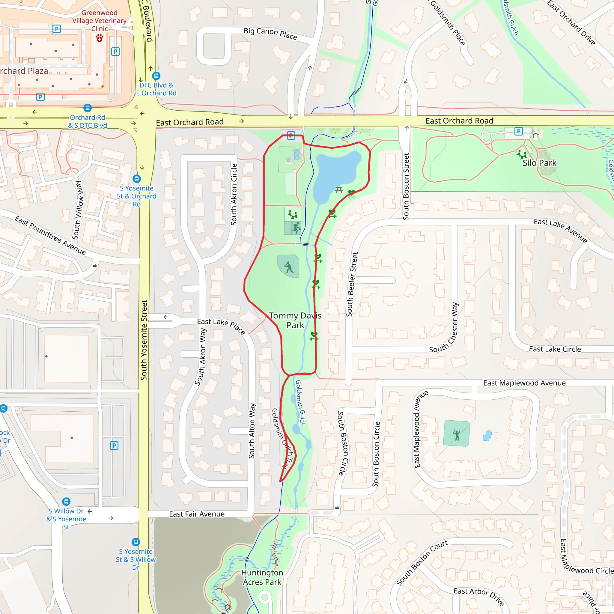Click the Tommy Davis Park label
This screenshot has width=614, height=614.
(x=295, y=320)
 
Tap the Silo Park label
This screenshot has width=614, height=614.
(x=539, y=163)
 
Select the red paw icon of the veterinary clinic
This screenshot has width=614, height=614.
(x=100, y=38)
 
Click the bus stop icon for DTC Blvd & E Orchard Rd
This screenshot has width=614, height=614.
(x=156, y=76)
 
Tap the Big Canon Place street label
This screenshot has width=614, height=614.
(x=270, y=33)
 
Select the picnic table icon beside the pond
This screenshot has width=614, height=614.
(x=339, y=190)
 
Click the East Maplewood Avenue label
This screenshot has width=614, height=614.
(x=524, y=383)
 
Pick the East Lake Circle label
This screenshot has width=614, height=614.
(x=555, y=349)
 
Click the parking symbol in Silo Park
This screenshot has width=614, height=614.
(x=519, y=131)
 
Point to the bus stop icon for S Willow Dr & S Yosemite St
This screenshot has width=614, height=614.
(x=66, y=502)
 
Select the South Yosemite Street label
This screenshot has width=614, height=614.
(x=144, y=340)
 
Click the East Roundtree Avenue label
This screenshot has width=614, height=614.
(x=50, y=235)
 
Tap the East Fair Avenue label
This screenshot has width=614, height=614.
(x=197, y=514)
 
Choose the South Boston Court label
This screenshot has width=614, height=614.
(x=422, y=562)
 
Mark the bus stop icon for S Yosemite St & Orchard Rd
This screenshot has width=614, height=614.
(x=137, y=179)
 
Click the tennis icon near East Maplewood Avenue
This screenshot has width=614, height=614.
(x=457, y=434)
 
